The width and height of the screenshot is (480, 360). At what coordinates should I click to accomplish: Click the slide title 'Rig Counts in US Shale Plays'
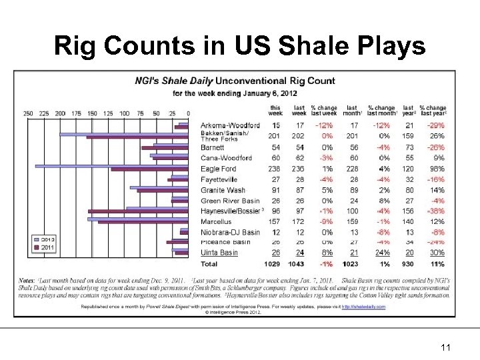(239, 46)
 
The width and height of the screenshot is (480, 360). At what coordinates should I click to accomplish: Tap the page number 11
(447, 347)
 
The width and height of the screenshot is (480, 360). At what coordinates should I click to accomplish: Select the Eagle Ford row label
(219, 169)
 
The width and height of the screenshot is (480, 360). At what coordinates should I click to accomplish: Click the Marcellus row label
(216, 221)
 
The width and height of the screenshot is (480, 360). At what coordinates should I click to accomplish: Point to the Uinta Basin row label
(219, 253)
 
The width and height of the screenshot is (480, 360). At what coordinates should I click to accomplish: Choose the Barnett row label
(213, 147)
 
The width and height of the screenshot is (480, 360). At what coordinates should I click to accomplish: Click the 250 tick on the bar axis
(28, 114)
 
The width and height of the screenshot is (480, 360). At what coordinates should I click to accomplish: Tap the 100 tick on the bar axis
(124, 114)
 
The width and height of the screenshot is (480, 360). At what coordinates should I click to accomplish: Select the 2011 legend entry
(46, 247)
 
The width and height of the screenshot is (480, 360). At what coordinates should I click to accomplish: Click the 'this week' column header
(275, 110)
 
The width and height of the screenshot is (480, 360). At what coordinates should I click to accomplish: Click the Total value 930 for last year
(407, 265)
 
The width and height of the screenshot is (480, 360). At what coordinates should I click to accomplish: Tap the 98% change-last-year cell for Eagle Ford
(436, 169)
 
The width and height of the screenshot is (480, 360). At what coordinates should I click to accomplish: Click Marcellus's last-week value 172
(299, 221)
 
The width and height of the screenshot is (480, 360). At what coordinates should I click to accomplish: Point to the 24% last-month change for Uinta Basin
(381, 253)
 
